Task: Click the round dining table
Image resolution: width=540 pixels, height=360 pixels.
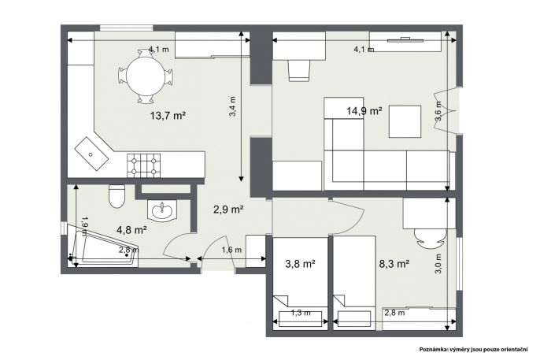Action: click(146, 76)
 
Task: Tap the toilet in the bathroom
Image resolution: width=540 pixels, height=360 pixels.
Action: click(117, 196)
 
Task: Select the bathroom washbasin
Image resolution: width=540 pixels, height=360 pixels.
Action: click(162, 210)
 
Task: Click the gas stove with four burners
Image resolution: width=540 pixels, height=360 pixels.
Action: click(143, 165)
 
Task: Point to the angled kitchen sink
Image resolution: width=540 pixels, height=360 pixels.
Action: click(92, 154)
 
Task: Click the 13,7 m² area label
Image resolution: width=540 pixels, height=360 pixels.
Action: click(168, 116)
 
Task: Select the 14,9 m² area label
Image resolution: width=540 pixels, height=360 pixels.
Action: click(364, 111)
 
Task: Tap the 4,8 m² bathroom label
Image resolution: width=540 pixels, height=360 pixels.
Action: click(132, 229)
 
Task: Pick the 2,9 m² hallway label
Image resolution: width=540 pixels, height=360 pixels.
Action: click(228, 209)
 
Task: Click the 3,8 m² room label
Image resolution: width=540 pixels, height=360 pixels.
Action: click(301, 264)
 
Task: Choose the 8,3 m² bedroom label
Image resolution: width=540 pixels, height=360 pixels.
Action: click(394, 264)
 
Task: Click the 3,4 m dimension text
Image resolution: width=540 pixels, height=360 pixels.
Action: click(233, 106)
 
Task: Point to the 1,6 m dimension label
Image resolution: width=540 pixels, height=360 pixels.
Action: click(231, 250)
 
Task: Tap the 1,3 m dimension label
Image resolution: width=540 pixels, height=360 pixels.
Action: click(301, 313)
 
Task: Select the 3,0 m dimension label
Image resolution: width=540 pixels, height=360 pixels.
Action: click(438, 264)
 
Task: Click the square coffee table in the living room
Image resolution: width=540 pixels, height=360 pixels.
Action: click(405, 121)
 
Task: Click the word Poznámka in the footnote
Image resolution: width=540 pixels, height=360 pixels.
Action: click(433, 349)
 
